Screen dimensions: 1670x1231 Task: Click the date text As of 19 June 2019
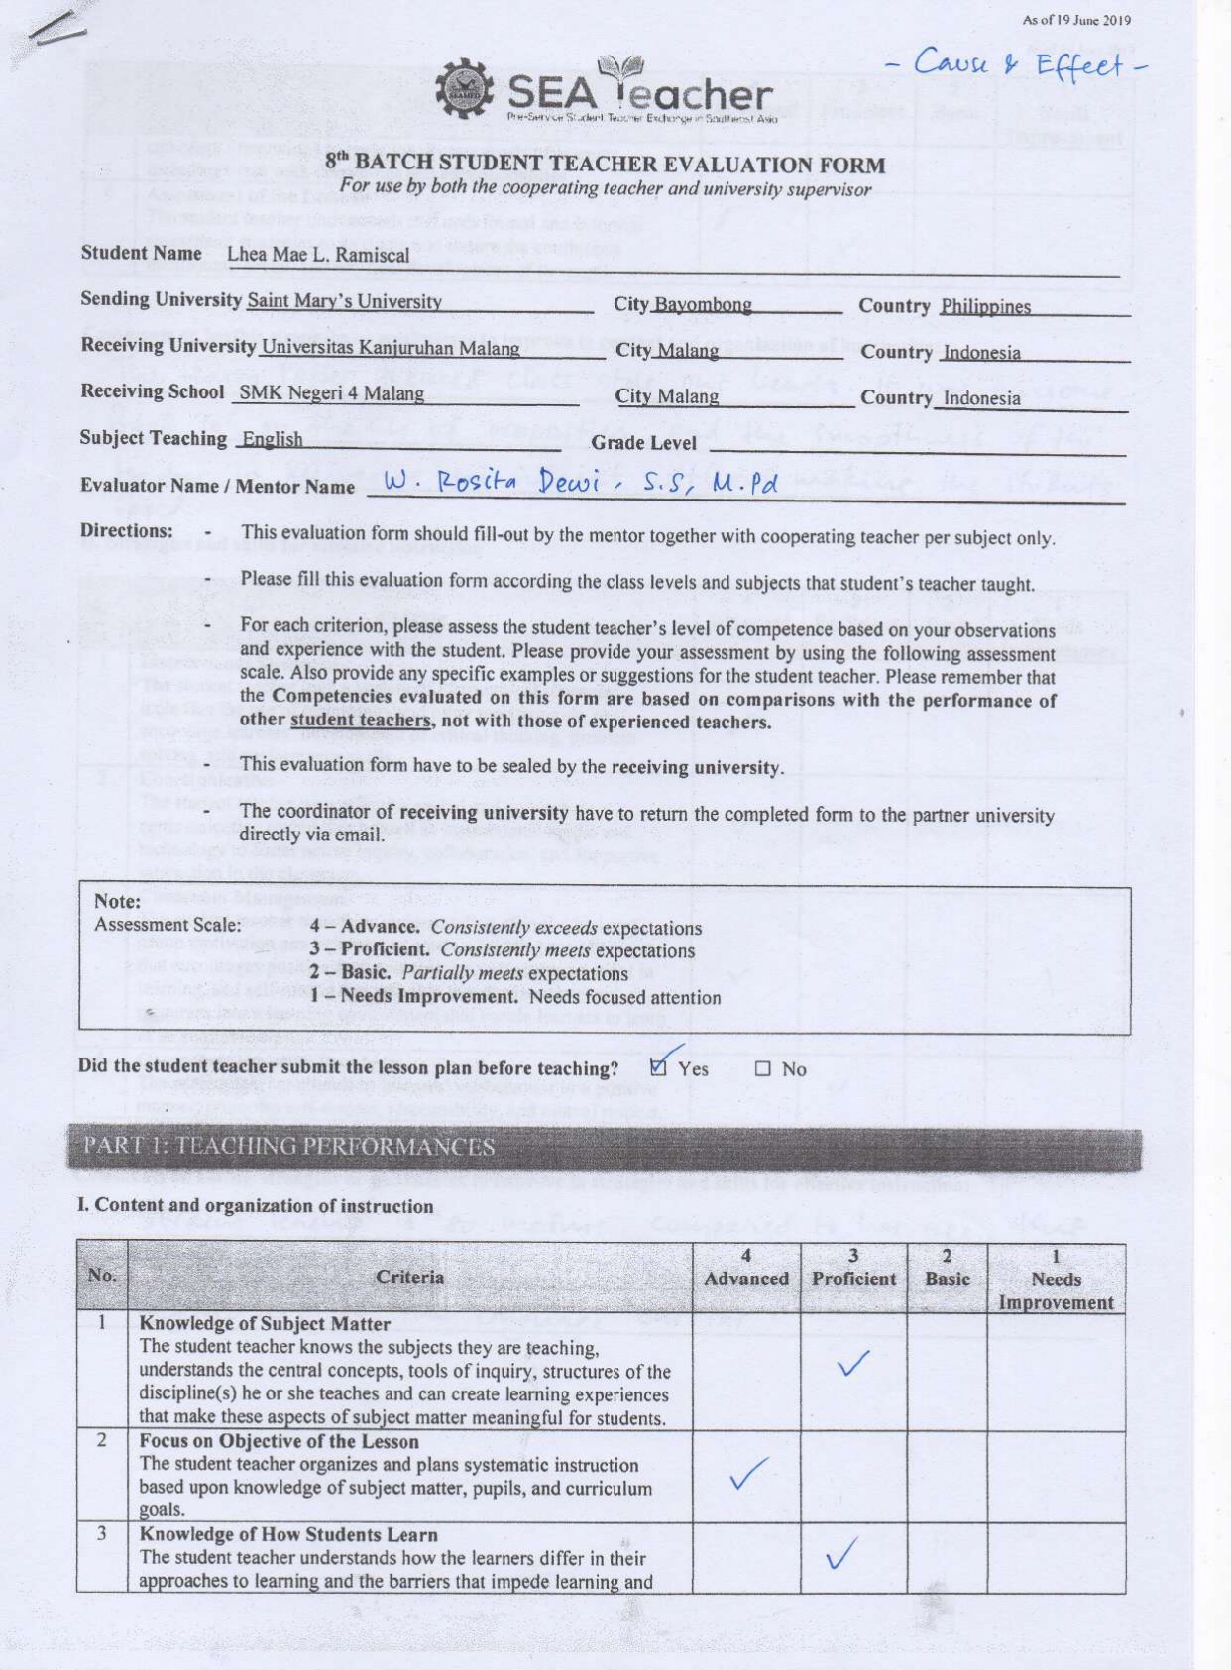(x=1075, y=21)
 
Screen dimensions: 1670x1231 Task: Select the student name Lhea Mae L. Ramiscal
(x=317, y=255)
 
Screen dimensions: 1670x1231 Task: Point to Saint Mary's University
(x=344, y=301)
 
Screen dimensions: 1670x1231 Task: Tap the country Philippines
(x=985, y=307)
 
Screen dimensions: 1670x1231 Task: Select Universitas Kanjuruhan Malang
(x=391, y=348)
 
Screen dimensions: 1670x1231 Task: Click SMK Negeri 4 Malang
(x=332, y=393)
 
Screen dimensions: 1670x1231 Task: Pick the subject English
(x=273, y=439)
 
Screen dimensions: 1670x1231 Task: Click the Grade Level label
(x=643, y=443)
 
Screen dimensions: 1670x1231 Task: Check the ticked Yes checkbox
(x=659, y=1067)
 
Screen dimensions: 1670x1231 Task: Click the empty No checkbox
(x=762, y=1069)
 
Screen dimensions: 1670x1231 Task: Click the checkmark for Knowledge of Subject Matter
(x=853, y=1364)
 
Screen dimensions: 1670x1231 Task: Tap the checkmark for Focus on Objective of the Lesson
(x=747, y=1474)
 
